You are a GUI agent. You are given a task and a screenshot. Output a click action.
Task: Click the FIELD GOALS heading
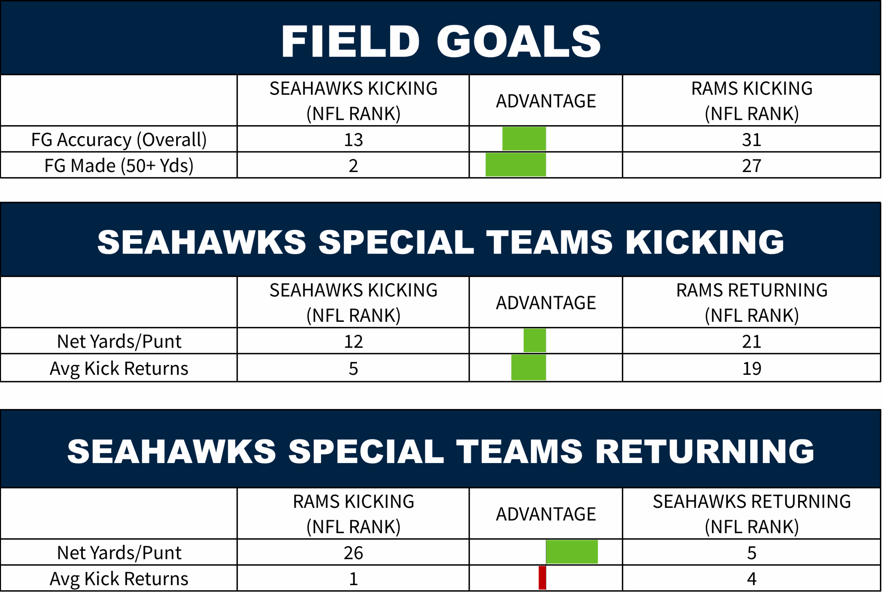[x=441, y=42]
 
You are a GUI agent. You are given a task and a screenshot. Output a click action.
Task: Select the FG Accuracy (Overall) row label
[x=119, y=140]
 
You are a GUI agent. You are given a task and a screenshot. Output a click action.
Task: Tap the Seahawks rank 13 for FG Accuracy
[x=353, y=140]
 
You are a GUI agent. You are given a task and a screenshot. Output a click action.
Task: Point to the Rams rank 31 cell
[x=752, y=140]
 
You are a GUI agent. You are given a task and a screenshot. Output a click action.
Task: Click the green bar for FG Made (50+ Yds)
[x=516, y=164]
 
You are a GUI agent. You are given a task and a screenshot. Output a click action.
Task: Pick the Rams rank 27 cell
[x=752, y=166]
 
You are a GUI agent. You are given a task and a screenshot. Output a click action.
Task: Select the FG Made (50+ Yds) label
[x=119, y=166]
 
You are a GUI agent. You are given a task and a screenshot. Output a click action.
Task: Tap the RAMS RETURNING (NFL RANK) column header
[x=752, y=303]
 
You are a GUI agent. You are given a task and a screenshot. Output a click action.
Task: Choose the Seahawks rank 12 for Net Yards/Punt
[x=353, y=341]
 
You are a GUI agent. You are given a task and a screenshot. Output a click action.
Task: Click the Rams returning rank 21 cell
[x=752, y=341]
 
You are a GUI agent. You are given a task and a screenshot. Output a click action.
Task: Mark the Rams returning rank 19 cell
[x=752, y=368]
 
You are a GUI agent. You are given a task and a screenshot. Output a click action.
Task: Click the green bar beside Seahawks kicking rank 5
[x=528, y=367]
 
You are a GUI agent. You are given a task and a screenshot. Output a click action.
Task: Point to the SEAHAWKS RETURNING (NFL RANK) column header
[x=752, y=514]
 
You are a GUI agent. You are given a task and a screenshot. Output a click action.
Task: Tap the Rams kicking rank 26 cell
[x=353, y=553]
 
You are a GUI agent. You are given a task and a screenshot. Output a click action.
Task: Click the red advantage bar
[x=542, y=577]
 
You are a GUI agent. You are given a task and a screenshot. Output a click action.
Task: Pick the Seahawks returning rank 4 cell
[x=752, y=579]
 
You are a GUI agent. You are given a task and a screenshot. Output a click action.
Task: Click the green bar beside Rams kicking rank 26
[x=572, y=552]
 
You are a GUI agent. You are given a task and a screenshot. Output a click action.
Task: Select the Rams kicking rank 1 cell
[x=353, y=579]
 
